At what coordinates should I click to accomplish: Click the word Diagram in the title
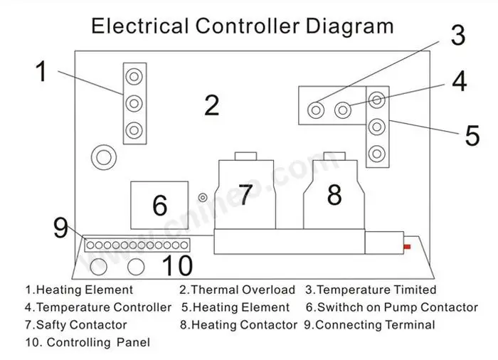click(x=349, y=26)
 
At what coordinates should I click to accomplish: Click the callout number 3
click(x=457, y=35)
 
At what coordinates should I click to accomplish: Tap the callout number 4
click(x=460, y=81)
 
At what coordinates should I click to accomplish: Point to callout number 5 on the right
click(x=472, y=135)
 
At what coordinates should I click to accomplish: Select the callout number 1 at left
click(x=41, y=72)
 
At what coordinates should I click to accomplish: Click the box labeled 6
click(x=159, y=205)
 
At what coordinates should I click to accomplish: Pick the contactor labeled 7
click(x=245, y=196)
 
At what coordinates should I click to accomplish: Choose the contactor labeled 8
click(x=334, y=195)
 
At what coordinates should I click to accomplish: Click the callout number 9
click(x=60, y=228)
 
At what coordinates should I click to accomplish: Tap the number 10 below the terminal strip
click(x=177, y=265)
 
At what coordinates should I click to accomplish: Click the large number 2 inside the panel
click(x=211, y=105)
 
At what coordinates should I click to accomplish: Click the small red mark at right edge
click(x=407, y=247)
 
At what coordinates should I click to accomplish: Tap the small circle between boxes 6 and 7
click(x=203, y=197)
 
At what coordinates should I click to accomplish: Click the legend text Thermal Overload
click(x=242, y=290)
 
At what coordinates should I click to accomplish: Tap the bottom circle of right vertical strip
click(x=378, y=152)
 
